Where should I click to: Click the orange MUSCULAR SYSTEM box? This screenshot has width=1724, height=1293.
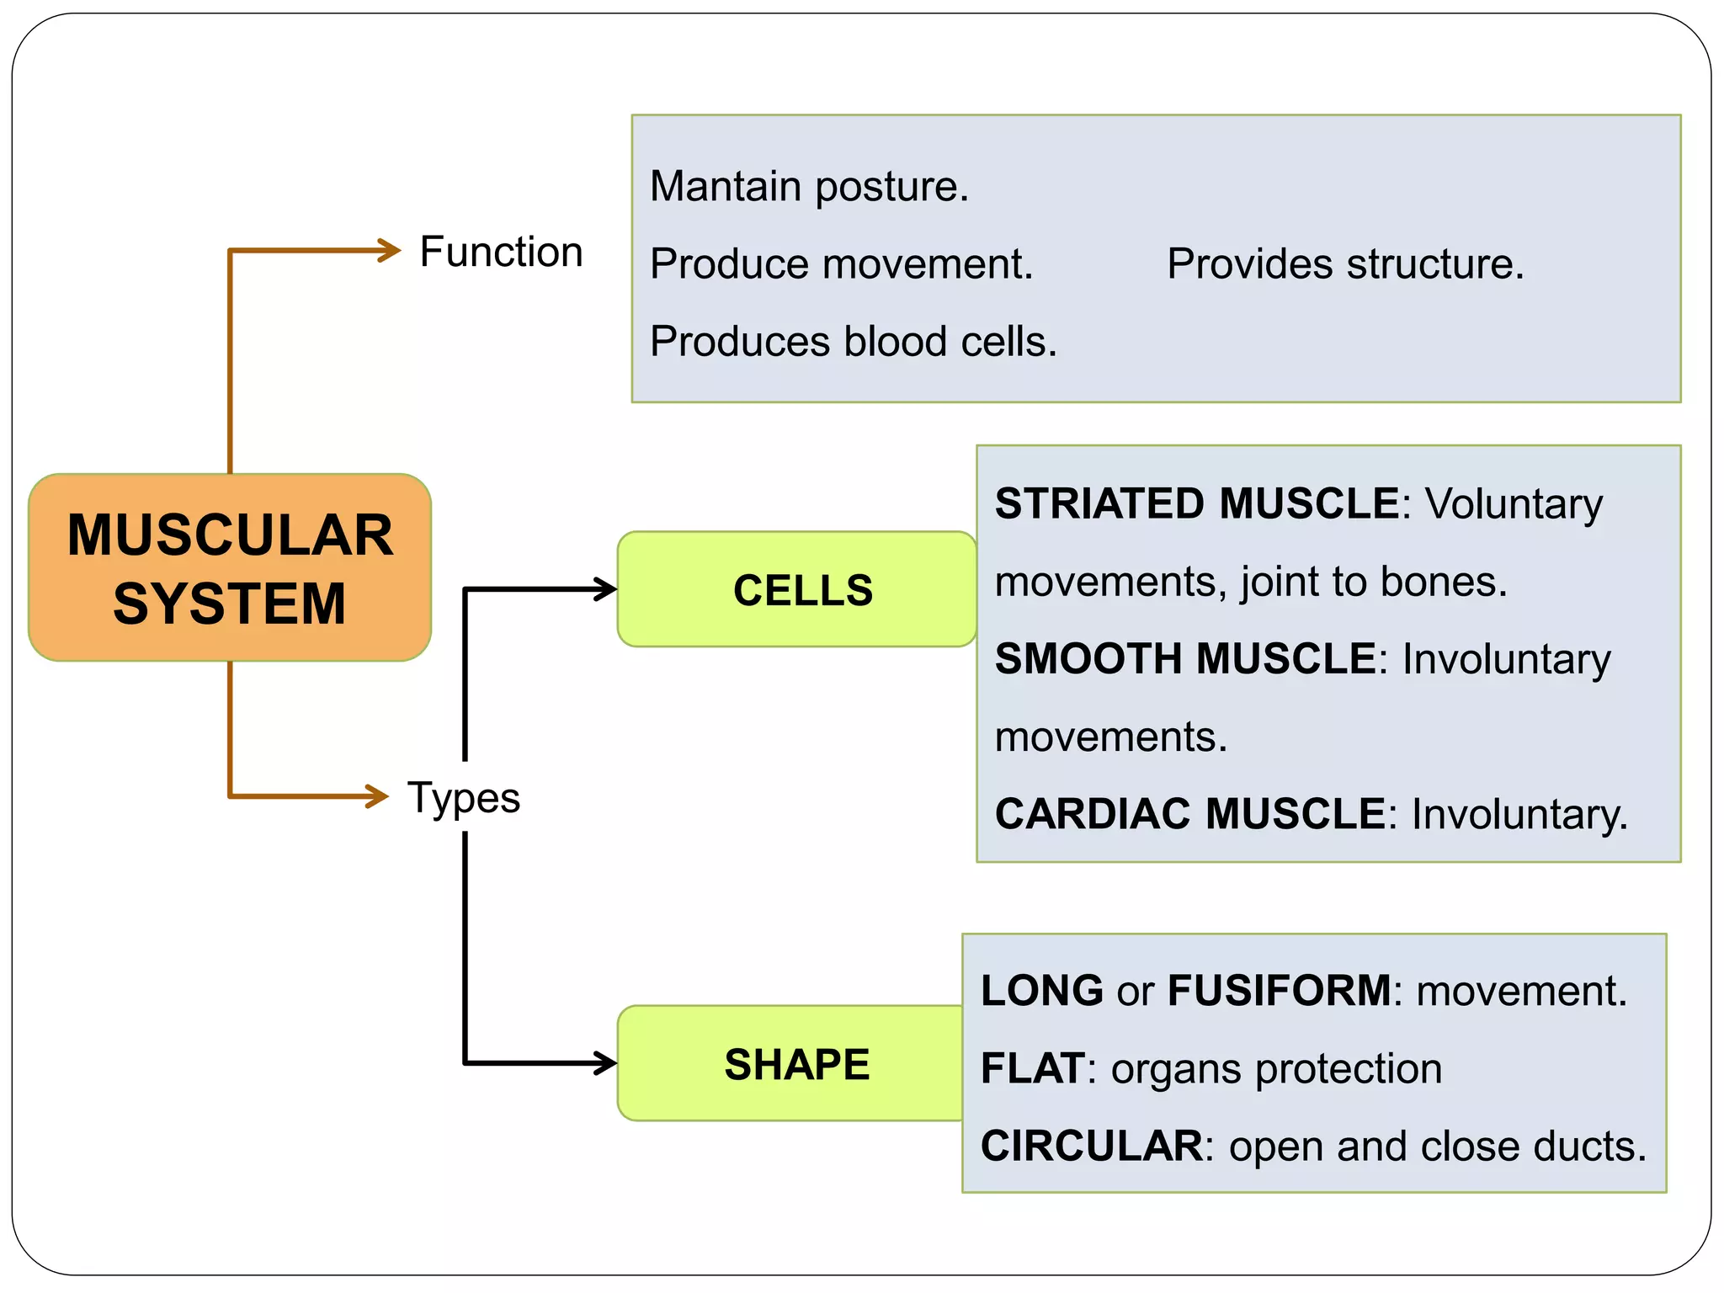(230, 567)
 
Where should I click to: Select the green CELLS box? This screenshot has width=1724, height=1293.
(797, 589)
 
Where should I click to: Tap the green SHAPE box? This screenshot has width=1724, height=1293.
(791, 1063)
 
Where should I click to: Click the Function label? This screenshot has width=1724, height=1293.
(501, 252)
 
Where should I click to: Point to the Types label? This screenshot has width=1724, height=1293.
(464, 797)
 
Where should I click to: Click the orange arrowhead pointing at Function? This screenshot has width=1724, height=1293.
(390, 250)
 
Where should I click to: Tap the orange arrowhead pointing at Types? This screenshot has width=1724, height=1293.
(376, 795)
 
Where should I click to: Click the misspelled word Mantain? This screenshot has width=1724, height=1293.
(726, 186)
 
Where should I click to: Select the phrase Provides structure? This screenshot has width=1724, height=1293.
(1344, 264)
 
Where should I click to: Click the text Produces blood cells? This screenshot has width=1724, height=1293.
(853, 342)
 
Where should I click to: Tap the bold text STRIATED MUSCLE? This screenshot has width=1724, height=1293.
(1197, 503)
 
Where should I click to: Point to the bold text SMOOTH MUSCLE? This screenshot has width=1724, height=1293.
(1185, 658)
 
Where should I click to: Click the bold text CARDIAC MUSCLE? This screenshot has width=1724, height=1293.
(1189, 814)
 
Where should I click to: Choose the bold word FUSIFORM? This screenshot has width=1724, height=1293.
(1280, 991)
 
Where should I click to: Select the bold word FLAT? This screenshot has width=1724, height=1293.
(1032, 1068)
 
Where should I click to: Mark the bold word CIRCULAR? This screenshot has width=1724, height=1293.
(1092, 1147)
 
